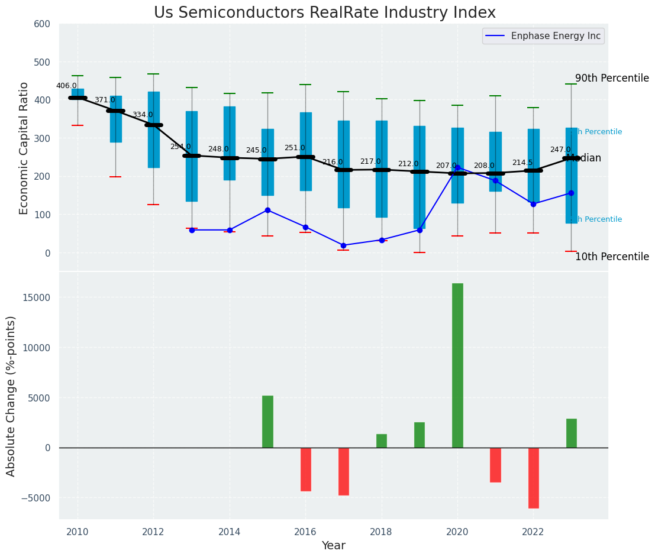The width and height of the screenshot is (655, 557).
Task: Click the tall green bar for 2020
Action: click(x=457, y=365)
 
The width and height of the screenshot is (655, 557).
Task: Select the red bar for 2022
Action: click(x=533, y=478)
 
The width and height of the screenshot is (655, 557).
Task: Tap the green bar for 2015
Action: click(x=267, y=421)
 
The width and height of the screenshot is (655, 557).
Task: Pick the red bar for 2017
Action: click(x=343, y=471)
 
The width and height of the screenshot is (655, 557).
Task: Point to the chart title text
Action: click(x=325, y=13)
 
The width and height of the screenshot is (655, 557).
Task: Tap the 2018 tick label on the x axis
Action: click(x=381, y=532)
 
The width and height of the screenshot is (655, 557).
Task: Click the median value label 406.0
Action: click(x=66, y=86)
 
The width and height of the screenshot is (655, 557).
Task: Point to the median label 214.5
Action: click(x=522, y=163)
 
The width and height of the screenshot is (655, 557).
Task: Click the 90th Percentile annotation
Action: click(x=612, y=78)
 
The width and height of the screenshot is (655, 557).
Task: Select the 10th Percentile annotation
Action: click(x=612, y=257)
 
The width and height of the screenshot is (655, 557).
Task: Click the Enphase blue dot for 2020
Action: click(x=457, y=168)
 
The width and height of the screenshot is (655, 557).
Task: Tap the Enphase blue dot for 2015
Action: click(x=267, y=210)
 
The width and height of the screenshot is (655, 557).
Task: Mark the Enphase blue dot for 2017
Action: click(x=343, y=245)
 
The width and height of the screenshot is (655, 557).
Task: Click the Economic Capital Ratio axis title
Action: click(x=24, y=148)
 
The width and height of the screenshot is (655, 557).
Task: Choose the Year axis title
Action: click(x=334, y=546)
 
